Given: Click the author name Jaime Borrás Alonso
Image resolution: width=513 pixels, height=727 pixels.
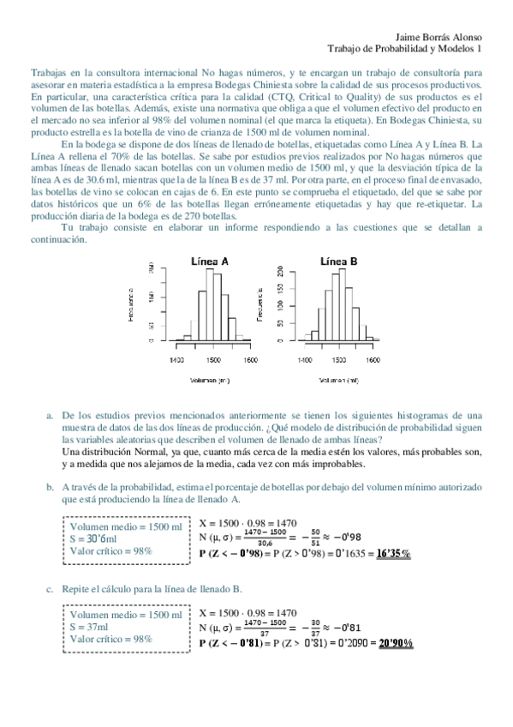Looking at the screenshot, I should (x=440, y=38).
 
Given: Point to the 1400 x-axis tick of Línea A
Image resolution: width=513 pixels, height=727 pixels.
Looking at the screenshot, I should (x=176, y=361).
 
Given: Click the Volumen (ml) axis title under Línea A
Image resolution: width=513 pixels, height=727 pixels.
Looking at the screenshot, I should (x=212, y=379).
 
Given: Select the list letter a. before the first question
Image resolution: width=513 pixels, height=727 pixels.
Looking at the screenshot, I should (x=51, y=416).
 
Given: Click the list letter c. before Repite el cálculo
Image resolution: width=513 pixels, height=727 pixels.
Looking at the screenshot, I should (x=51, y=589).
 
